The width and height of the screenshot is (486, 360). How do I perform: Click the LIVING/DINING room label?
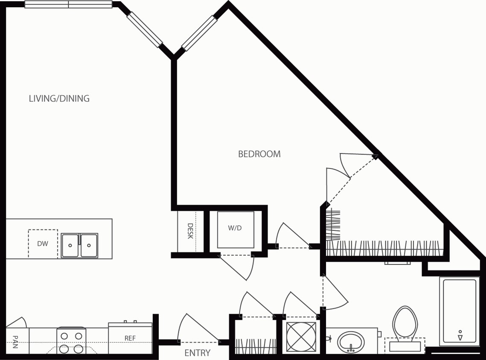pyautogui.click(x=59, y=99)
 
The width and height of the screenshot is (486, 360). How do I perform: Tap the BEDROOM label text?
pyautogui.click(x=259, y=154)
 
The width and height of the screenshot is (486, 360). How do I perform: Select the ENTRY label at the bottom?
pyautogui.click(x=197, y=353)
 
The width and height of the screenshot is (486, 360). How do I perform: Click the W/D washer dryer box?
pyautogui.click(x=235, y=229)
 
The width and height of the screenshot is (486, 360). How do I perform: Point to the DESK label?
pyautogui.click(x=190, y=231)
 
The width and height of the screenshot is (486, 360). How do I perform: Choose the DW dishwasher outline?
pyautogui.click(x=43, y=244)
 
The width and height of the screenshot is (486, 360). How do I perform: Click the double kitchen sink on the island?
pyautogui.click(x=79, y=245)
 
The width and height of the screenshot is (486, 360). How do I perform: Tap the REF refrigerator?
pyautogui.click(x=130, y=338)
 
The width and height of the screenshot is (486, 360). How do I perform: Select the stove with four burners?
pyautogui.click(x=71, y=340)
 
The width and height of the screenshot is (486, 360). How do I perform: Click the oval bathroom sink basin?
pyautogui.click(x=351, y=341)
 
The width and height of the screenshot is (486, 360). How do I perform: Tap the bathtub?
pyautogui.click(x=460, y=311)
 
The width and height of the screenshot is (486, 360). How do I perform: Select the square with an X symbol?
pyautogui.click(x=301, y=337)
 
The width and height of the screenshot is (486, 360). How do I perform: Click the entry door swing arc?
pyautogui.click(x=194, y=327)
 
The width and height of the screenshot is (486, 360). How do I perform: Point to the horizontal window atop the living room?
pyautogui.click(x=68, y=5)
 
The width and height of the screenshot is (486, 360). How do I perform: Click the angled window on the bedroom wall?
pyautogui.click(x=199, y=33)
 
